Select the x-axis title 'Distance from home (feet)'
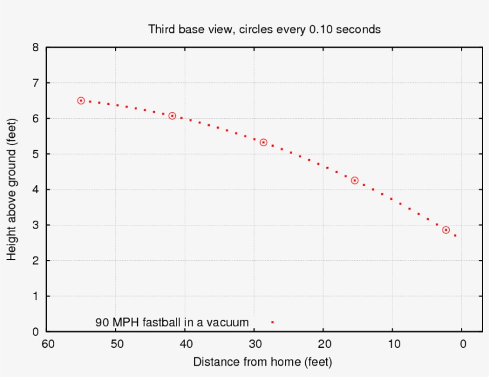[262, 362]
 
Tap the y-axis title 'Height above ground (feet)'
[11, 188]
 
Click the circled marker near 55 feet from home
[81, 101]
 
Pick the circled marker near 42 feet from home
[172, 116]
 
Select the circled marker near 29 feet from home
[264, 143]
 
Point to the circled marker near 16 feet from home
[355, 180]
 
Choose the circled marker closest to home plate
[446, 230]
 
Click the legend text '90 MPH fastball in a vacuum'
[172, 322]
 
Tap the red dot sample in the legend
[272, 322]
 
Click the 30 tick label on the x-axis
[255, 344]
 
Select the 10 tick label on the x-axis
[392, 344]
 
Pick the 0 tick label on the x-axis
[462, 344]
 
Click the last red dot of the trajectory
[455, 236]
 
